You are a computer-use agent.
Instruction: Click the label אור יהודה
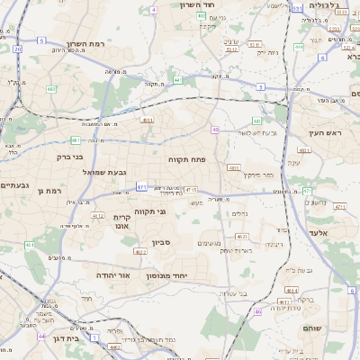(112, 274)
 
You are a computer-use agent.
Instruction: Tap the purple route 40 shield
(215, 130)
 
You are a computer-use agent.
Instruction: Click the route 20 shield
(17, 49)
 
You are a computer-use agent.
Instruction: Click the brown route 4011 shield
(148, 119)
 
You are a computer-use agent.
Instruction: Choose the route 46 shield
(257, 311)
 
